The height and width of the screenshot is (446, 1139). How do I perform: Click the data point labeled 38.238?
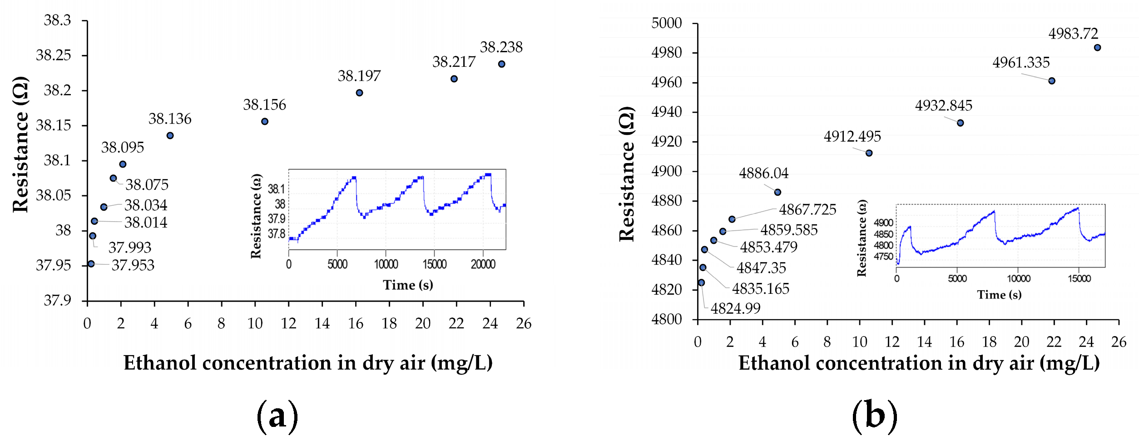pyautogui.click(x=501, y=64)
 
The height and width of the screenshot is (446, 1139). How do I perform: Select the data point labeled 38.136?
pyautogui.click(x=170, y=135)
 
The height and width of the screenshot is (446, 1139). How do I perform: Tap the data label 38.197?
pyautogui.click(x=359, y=76)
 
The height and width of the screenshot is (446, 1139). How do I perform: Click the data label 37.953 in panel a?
pyautogui.click(x=133, y=265)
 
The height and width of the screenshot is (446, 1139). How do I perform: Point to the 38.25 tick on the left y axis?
pyautogui.click(x=54, y=55)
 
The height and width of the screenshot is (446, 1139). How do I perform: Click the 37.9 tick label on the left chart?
pyautogui.click(x=57, y=301)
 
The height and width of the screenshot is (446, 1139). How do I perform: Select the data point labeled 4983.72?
pyautogui.click(x=1097, y=48)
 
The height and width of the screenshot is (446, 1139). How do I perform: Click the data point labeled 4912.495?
pyautogui.click(x=869, y=153)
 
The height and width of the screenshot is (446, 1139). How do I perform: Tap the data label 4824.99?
pyautogui.click(x=735, y=309)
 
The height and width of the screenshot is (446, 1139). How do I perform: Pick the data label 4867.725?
pyautogui.click(x=807, y=210)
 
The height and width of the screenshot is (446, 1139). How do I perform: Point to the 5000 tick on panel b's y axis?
pyautogui.click(x=666, y=23)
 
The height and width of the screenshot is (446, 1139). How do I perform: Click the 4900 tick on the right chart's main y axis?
pyautogui.click(x=666, y=171)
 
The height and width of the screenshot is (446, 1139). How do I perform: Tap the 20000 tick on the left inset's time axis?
pyautogui.click(x=483, y=264)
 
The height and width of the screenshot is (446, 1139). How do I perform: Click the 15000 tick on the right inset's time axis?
pyautogui.click(x=1079, y=279)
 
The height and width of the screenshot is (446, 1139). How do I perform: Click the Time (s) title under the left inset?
pyautogui.click(x=408, y=285)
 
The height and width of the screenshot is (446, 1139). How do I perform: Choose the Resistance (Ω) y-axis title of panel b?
pyautogui.click(x=627, y=174)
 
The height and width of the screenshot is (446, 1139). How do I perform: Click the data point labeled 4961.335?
pyautogui.click(x=1051, y=81)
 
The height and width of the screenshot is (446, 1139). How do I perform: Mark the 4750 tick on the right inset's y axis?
pyautogui.click(x=883, y=257)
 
